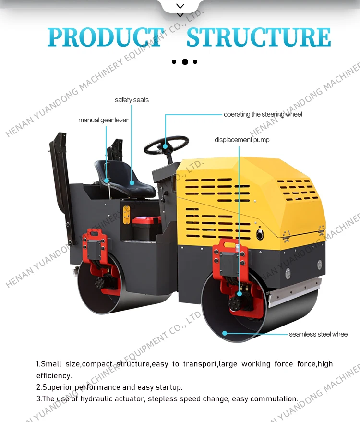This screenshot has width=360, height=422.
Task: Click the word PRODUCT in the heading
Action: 105,37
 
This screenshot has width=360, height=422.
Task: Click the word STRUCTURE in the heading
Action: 259,37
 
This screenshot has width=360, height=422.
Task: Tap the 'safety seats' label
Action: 132,100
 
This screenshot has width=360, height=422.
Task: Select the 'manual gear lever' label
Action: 103,120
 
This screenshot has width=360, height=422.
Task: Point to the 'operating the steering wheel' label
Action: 263,114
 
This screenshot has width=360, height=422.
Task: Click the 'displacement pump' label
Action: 242,140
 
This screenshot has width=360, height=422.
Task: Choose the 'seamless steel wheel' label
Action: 319,334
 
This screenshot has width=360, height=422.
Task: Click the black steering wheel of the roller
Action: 166,145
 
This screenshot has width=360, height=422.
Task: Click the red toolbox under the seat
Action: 146,226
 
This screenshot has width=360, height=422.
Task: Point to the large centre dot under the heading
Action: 185,62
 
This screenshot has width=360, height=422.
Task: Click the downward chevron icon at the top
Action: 180,6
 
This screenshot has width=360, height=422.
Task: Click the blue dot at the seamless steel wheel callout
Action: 224,332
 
